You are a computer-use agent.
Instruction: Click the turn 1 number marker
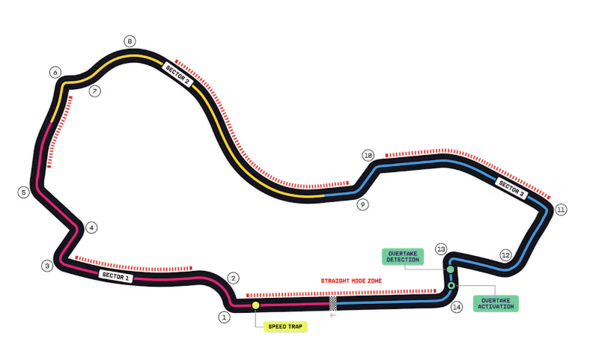point(223,317)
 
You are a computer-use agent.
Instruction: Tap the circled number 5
point(24,192)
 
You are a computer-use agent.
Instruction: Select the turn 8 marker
point(130,41)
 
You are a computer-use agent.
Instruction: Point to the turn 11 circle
point(561,210)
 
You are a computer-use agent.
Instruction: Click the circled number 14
point(457,307)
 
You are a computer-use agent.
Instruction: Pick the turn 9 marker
point(362,204)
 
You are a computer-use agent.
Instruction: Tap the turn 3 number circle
point(47,266)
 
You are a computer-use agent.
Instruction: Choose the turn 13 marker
point(441,248)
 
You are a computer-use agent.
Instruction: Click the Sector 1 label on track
point(116,276)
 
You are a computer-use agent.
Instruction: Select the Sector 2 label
point(177,74)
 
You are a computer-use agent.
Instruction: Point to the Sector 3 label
point(512,189)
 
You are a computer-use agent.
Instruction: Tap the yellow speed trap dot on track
point(256,305)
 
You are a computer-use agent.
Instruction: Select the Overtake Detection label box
point(403,256)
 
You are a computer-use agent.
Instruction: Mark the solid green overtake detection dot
point(451,269)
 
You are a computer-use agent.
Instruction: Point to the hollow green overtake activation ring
point(451,285)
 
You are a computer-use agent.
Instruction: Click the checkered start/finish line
point(333,302)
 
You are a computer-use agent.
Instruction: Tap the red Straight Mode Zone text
point(351,281)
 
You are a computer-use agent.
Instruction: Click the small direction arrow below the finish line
point(333,315)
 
